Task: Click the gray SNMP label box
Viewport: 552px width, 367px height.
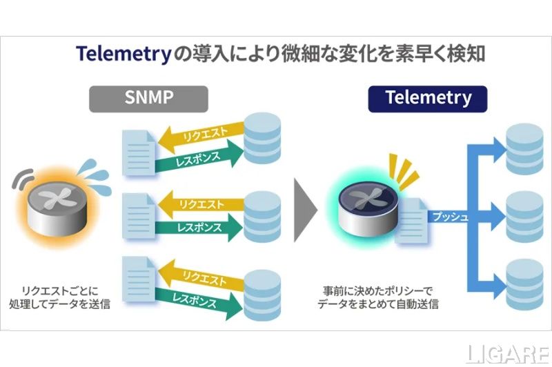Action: [148, 99]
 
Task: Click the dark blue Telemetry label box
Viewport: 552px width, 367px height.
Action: [428, 97]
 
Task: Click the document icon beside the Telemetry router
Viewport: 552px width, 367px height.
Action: [411, 217]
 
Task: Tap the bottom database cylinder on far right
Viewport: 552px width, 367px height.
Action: [526, 279]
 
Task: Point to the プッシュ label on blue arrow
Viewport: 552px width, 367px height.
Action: [450, 217]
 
